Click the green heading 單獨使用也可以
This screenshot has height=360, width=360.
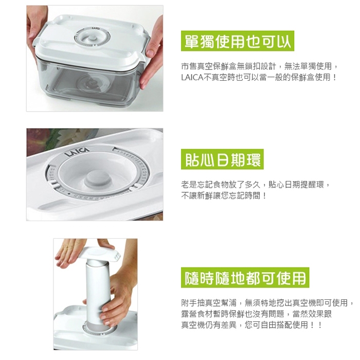[238, 41]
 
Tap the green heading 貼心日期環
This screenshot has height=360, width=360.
[222, 159]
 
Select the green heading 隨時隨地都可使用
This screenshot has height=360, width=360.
[245, 278]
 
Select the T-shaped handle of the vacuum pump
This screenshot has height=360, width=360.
[101, 254]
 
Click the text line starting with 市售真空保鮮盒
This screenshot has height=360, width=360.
[259, 66]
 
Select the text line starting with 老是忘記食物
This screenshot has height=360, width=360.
[255, 184]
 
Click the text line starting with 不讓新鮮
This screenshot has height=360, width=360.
[224, 196]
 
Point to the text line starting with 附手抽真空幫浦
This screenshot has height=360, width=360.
[267, 303]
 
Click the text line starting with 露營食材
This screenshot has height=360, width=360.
[256, 314]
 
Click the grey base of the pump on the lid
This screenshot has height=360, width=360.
[99, 328]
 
